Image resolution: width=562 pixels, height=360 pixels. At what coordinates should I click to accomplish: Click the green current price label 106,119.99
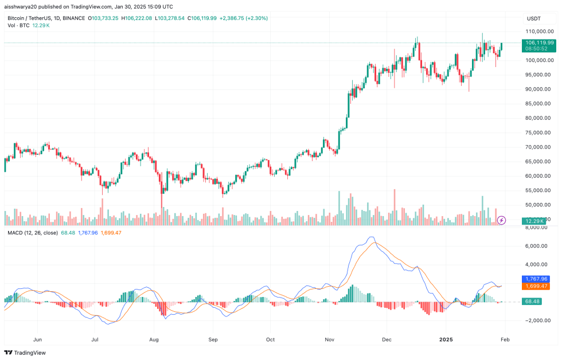coord(539,42)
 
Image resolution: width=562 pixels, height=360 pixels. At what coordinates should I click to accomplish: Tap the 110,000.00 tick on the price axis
coord(539,32)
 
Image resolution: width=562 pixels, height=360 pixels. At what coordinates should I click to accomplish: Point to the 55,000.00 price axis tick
coord(539,190)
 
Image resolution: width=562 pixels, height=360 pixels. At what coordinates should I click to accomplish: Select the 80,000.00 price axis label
coord(539,118)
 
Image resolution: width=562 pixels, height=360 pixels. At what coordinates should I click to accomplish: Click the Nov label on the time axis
coord(329,339)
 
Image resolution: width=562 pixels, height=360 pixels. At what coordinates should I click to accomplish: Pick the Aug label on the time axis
coord(153,339)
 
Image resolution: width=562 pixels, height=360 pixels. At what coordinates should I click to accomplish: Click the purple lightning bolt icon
coord(501,220)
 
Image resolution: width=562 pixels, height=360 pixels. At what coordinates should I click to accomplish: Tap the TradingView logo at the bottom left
coord(25,353)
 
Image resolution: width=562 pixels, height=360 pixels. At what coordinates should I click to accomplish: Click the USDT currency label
coord(534,18)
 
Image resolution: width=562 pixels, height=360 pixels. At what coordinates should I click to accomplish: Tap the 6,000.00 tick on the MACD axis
coord(539,246)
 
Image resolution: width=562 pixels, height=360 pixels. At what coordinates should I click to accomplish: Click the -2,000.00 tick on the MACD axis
coord(539,320)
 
